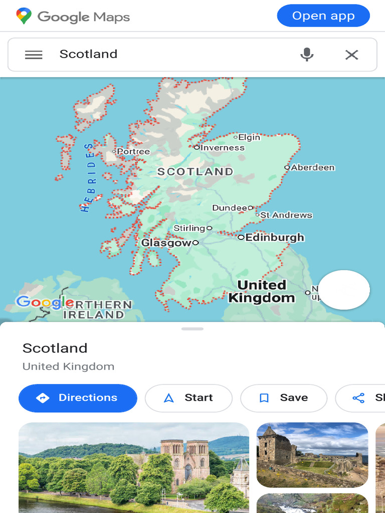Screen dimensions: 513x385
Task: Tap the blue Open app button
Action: coord(323,16)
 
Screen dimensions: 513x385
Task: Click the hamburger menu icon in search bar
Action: coord(34,55)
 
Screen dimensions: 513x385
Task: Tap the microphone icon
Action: coord(307,55)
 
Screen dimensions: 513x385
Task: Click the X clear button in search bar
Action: coord(351,55)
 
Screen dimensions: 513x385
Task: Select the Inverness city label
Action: coord(222,148)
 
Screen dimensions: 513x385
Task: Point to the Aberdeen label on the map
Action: coord(312,167)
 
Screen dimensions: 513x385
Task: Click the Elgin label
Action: coord(249,137)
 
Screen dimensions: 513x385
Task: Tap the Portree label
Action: coord(133,151)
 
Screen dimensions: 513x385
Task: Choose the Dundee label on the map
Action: coord(230,208)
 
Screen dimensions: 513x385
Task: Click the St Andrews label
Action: coord(286,215)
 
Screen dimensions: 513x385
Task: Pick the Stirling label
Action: coord(189,228)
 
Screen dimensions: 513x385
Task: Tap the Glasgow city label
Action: coord(166,243)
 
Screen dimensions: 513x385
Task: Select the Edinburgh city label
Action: coord(275,237)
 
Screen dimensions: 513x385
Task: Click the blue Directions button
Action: coord(78,398)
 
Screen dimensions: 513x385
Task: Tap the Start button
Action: coord(188,398)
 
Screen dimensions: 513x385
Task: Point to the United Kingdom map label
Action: coord(261,292)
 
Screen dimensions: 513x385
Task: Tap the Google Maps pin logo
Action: coord(24,16)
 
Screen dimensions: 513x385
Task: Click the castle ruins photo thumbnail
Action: coord(312,455)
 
